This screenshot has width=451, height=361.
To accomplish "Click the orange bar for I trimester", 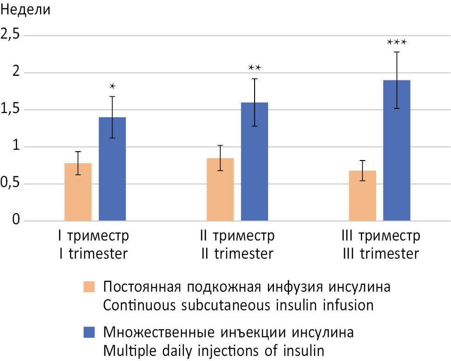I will click(x=78, y=192).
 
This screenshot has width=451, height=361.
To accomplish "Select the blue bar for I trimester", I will click(x=112, y=169).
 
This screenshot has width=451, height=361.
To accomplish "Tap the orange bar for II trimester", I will click(x=220, y=189).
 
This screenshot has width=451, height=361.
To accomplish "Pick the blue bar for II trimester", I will click(x=255, y=161).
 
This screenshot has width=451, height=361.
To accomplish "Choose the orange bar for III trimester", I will click(x=363, y=195).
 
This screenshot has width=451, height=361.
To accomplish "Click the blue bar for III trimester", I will click(x=397, y=150).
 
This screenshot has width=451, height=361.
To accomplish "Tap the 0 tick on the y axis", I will click(x=17, y=220).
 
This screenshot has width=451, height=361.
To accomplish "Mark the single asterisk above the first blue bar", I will click(x=112, y=86).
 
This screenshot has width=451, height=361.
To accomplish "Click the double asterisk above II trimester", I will click(x=255, y=68).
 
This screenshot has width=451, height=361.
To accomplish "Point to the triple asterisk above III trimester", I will click(x=397, y=42).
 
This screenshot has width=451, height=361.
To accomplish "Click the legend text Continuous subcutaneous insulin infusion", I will click(x=238, y=306).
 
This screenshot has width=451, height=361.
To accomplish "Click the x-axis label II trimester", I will click(x=237, y=254).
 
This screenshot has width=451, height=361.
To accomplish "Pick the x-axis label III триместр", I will click(x=380, y=236).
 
